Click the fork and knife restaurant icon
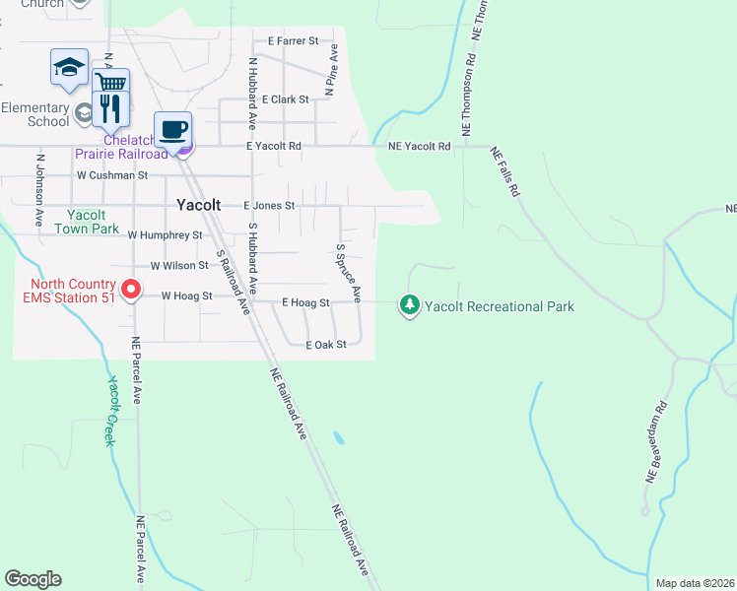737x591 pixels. pos(110,107)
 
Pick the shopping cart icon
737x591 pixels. pos(110,83)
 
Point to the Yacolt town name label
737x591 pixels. pos(204,206)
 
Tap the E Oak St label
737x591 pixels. pos(326,346)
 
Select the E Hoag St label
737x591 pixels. pos(304,303)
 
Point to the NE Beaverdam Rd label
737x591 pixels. pos(657,441)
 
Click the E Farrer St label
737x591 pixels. pos(294,41)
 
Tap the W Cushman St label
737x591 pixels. pos(112,175)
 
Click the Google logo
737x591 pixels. pos(33,579)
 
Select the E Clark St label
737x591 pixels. pos(286,99)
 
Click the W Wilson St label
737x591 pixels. pos(179,266)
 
